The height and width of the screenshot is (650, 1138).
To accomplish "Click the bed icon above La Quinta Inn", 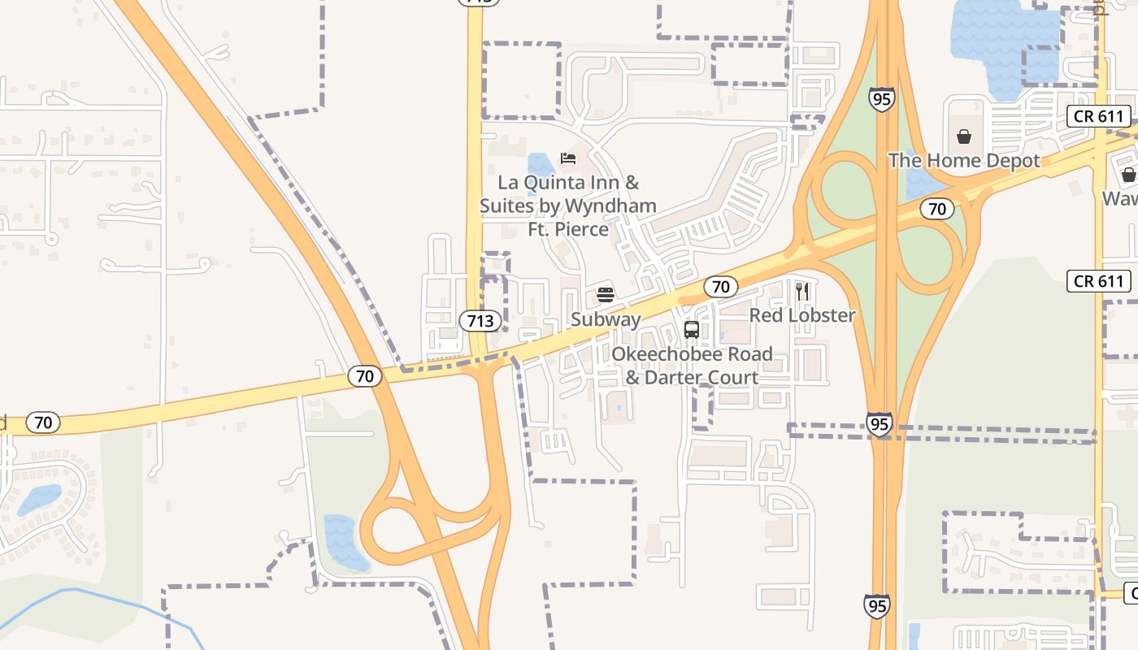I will click(568, 158).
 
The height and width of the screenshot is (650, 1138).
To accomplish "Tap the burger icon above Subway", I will click(605, 294).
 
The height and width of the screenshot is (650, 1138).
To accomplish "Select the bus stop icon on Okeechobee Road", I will click(692, 329).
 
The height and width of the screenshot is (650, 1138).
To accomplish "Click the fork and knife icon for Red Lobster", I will click(802, 291).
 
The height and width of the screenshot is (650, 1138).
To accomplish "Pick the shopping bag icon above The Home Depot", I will click(964, 136).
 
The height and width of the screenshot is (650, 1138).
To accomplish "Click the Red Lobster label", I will click(802, 315).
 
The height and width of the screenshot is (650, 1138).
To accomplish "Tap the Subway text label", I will click(606, 319).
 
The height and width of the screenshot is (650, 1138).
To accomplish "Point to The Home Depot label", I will click(964, 161).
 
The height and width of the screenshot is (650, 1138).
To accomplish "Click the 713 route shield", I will click(480, 321).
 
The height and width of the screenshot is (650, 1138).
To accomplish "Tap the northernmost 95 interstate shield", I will click(882, 99).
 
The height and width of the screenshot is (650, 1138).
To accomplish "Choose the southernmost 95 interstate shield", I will click(876, 605).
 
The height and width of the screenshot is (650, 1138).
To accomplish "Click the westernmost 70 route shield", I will click(43, 422).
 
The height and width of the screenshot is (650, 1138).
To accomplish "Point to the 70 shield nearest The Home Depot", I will click(937, 209).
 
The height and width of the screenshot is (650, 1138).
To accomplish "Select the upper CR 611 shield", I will click(1099, 116).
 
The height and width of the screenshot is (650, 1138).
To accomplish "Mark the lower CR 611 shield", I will click(1099, 282).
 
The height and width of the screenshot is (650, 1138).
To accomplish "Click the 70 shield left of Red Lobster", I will click(720, 286).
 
